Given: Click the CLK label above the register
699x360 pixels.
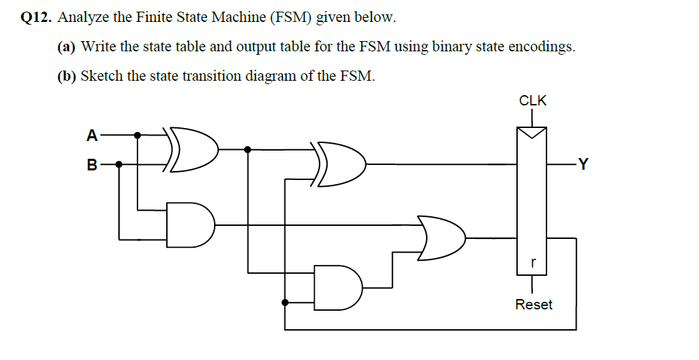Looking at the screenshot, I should coord(533,101).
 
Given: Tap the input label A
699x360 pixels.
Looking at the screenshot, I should coord(92,136).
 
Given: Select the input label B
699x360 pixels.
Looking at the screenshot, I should coord(92,164).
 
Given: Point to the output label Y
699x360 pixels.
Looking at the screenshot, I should coord(582,164).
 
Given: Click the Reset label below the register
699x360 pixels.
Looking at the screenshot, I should coord(533,305).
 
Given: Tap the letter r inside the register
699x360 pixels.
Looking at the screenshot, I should coord(533,261).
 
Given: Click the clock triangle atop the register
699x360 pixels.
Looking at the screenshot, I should coord(533,132).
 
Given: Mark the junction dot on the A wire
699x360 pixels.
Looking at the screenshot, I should coord(137,136).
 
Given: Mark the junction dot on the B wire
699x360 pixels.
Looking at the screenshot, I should coord(119,164).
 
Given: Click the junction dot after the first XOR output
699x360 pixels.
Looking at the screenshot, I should coord(248,149).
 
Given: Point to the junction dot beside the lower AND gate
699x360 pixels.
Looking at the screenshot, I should coord(285,302).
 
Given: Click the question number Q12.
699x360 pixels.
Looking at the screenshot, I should coord(35,18).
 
